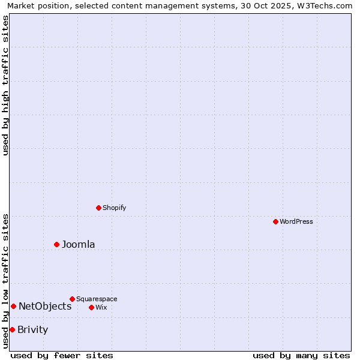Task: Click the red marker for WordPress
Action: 275,221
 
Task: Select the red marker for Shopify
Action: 98,208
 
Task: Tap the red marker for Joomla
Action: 56,244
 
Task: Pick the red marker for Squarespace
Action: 72,299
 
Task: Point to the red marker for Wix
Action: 91,307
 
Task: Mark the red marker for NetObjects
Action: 13,306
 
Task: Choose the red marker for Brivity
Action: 12,329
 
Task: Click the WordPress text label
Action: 296,221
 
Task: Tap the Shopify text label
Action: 114,208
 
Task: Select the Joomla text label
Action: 79,244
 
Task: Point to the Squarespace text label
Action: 97,299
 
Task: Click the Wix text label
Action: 101,307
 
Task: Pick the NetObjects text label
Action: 45,306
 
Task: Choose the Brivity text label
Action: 33,329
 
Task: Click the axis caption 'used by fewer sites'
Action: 62,355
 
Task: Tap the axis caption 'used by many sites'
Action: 301,355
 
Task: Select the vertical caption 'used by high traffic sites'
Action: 5,85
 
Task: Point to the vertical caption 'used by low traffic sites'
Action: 5,281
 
